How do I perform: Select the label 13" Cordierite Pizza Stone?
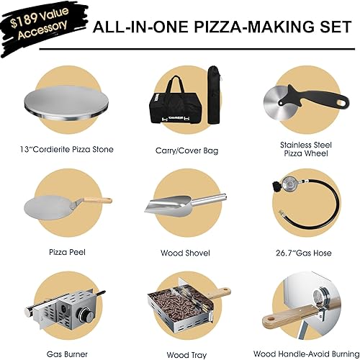click(x=66, y=150)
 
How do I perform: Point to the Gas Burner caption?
click(x=67, y=354)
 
